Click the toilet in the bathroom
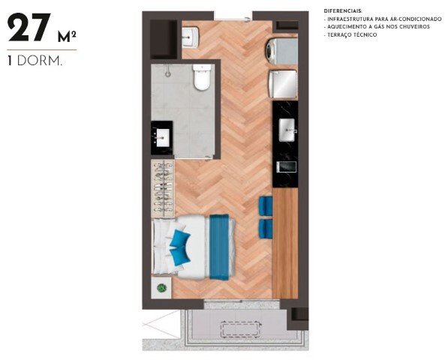202,77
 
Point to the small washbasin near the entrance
191,36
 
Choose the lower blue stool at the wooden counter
265,227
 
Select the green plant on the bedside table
161,288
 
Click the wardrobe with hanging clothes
164,187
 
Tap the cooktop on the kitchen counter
285,166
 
